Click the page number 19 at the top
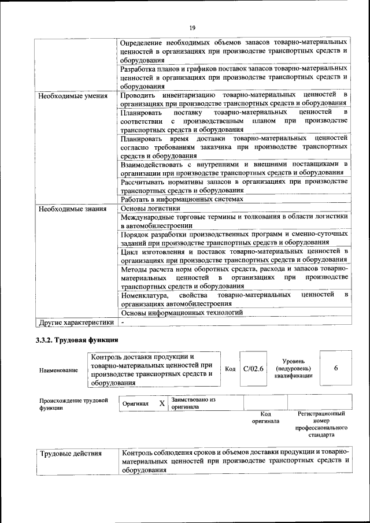(193, 27)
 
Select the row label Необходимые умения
(65, 95)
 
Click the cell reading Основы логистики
(150, 208)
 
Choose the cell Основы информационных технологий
(182, 313)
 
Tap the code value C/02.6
(253, 369)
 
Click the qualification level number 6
(335, 368)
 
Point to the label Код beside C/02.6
(230, 369)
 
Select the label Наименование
(58, 369)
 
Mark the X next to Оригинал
(162, 403)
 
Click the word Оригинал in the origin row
(136, 403)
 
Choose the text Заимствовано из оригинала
(194, 403)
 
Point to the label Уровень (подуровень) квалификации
(294, 368)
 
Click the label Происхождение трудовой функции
(73, 403)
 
